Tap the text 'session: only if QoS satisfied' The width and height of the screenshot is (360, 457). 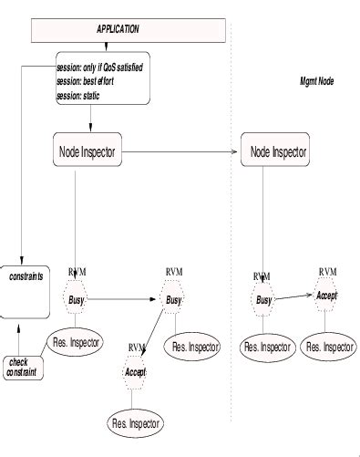click(x=99, y=68)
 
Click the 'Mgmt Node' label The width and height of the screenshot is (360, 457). click(x=316, y=82)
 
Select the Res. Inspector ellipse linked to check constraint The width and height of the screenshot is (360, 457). click(x=76, y=343)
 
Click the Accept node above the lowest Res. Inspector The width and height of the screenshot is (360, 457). click(x=135, y=372)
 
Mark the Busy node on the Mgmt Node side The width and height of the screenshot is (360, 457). click(x=263, y=299)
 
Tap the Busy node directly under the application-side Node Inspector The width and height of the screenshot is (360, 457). click(x=77, y=297)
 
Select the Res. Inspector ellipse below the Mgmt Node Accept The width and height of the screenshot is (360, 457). click(x=328, y=347)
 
